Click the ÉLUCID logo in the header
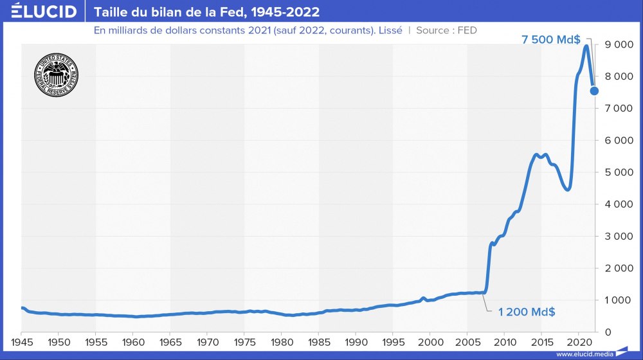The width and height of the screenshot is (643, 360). coord(44,12)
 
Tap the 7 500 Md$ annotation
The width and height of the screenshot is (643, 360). coord(550,40)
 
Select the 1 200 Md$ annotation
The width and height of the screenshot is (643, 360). coord(527,312)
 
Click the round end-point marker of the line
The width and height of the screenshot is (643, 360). coord(594,91)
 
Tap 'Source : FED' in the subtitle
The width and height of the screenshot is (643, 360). coord(446,30)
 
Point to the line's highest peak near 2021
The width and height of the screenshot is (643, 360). coord(586,46)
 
